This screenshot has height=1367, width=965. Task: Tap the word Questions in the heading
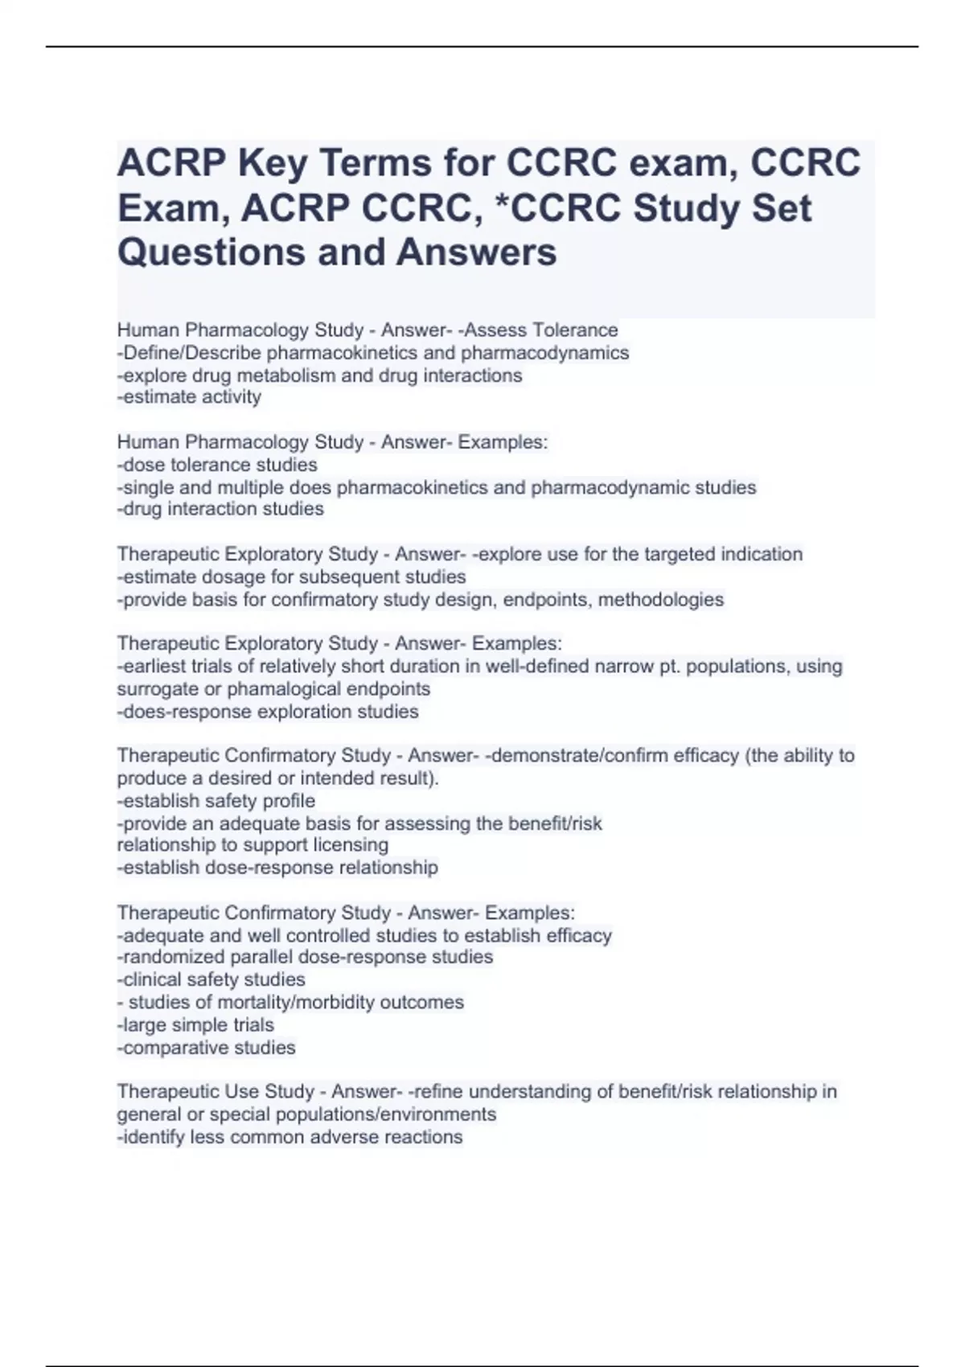click(209, 252)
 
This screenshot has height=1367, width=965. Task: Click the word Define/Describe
click(189, 353)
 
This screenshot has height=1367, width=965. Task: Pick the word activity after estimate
click(231, 397)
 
